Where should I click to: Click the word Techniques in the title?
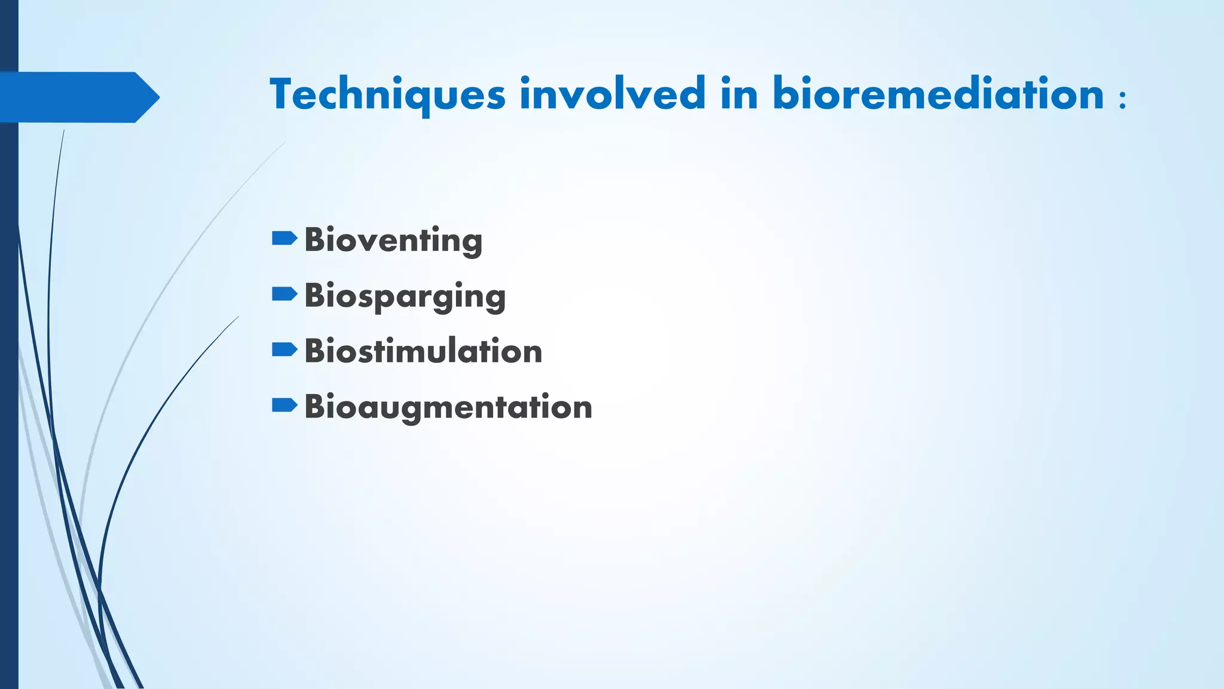click(387, 94)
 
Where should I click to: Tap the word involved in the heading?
click(613, 94)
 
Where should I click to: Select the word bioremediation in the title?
click(938, 94)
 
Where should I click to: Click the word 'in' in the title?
click(739, 94)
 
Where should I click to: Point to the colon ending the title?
click(1122, 99)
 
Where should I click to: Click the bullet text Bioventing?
click(393, 240)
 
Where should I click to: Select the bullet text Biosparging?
click(405, 296)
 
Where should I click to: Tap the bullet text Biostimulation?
click(423, 351)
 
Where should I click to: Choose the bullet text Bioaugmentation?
click(448, 407)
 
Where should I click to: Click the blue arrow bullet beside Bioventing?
click(284, 239)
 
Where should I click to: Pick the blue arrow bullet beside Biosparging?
click(284, 294)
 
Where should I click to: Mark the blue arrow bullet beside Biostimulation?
click(284, 350)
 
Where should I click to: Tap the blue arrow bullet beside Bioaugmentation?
click(284, 406)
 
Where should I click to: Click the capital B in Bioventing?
click(314, 240)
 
